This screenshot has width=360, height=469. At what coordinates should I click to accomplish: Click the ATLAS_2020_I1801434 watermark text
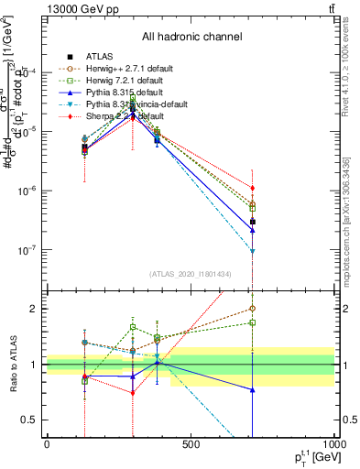191,275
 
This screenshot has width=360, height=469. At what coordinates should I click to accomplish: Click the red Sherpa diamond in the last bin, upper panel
253,188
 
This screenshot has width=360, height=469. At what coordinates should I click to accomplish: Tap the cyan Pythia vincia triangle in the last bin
253,251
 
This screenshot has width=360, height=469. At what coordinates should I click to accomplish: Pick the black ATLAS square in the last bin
253,222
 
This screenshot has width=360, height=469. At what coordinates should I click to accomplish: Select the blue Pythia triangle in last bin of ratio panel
253,390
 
